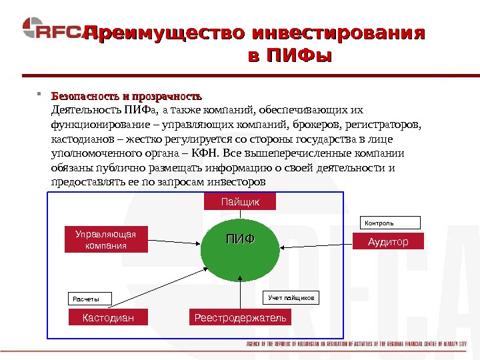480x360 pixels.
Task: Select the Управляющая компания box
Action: point(106,240)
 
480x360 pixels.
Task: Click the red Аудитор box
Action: point(388,242)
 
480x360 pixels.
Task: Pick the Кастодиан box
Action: point(108,318)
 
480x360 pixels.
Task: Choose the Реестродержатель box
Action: point(240,318)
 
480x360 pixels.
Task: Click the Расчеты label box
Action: point(89,299)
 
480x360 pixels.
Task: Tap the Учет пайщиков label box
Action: point(291,297)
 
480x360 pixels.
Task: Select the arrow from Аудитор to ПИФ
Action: point(313,242)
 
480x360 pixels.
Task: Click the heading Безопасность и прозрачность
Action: point(126,95)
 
